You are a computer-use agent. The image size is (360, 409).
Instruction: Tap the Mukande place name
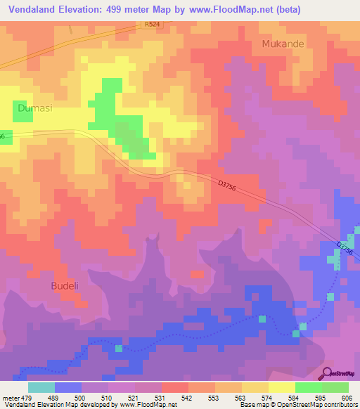[283, 44]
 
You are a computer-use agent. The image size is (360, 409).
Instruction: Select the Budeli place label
[66, 286]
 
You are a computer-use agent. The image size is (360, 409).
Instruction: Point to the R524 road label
[152, 24]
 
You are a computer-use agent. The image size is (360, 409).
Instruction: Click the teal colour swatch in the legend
[41, 387]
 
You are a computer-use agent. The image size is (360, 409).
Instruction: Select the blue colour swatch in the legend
[67, 387]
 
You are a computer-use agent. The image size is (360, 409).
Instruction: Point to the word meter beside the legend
[10, 398]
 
